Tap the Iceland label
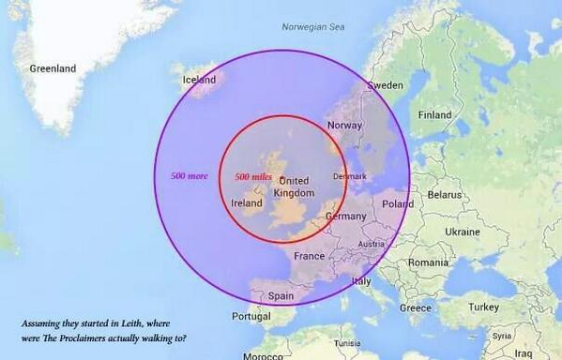(198, 80)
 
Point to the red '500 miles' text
(253, 177)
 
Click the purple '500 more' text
(189, 175)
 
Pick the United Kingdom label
(294, 187)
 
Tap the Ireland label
(247, 202)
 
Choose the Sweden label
(385, 85)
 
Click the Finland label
(434, 115)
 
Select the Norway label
(343, 126)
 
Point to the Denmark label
(350, 176)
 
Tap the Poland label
(397, 203)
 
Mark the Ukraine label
(462, 231)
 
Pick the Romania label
(429, 262)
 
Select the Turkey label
(485, 307)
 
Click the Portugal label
(251, 317)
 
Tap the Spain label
(281, 295)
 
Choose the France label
(309, 256)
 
